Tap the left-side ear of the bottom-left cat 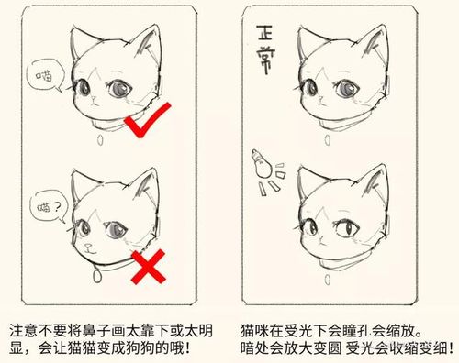pos(83,182)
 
